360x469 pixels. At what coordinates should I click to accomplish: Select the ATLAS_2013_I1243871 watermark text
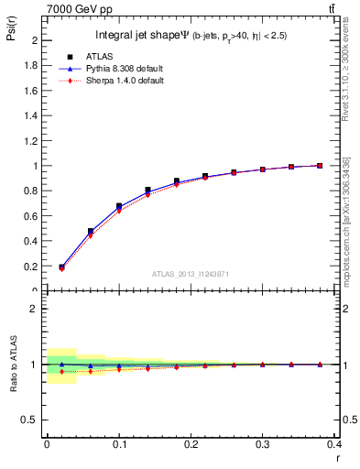[191, 275]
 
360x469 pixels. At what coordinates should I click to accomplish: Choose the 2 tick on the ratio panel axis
[36, 310]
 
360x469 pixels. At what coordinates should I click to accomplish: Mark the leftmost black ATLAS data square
[61, 267]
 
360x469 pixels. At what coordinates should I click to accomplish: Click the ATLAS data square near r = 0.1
[119, 206]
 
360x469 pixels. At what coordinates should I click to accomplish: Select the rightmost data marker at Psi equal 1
[319, 166]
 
